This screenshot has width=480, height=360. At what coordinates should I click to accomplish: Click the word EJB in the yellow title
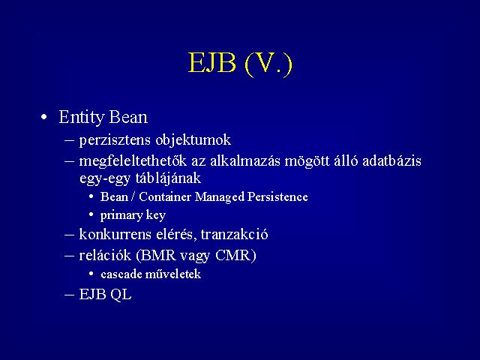(x=212, y=63)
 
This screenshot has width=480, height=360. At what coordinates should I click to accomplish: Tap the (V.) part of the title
(x=268, y=64)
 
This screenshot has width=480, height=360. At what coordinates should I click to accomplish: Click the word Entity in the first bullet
(x=82, y=118)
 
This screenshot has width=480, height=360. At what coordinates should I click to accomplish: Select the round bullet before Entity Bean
(x=44, y=117)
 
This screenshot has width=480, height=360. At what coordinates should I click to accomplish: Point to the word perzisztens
(x=115, y=140)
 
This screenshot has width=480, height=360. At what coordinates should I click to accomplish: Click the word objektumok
(x=193, y=140)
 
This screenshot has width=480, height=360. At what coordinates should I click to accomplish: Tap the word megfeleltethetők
(x=133, y=161)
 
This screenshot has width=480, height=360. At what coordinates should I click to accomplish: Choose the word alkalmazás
(x=245, y=160)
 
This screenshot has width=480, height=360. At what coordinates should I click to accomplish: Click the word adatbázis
(x=391, y=160)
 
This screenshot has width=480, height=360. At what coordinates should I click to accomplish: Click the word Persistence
(x=277, y=196)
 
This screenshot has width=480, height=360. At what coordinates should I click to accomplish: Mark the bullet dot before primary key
(x=91, y=214)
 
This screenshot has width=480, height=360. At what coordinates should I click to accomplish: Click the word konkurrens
(x=115, y=235)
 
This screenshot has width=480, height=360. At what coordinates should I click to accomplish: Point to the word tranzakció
(x=234, y=235)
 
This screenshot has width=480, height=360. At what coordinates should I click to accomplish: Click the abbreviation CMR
(x=233, y=255)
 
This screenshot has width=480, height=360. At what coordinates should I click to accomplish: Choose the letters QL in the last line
(x=121, y=295)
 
